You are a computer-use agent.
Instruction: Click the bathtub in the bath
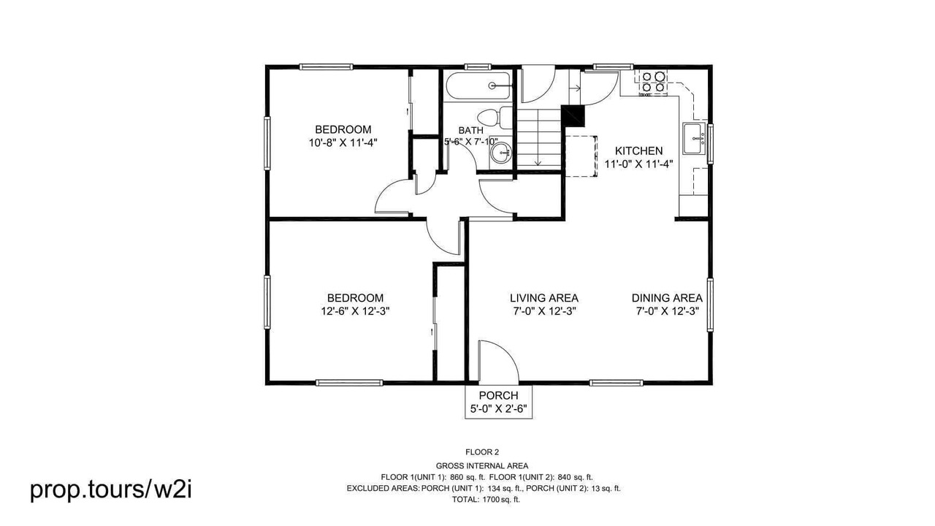478,86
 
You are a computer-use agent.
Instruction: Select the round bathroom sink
500,153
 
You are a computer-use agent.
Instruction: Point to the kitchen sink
694,138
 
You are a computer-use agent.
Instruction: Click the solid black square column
574,115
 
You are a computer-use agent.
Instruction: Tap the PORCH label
498,395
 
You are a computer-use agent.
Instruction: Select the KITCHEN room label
638,150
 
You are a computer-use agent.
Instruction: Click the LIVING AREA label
544,298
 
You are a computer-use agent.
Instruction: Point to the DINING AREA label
667,298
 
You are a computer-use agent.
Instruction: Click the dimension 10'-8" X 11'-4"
343,142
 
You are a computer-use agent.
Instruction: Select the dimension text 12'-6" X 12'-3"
355,311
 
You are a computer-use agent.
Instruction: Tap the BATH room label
471,130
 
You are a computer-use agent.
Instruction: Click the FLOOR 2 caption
482,452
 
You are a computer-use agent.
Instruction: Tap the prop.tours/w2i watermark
111,489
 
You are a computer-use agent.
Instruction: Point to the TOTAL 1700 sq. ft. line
486,499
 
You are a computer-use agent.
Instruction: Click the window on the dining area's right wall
709,305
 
